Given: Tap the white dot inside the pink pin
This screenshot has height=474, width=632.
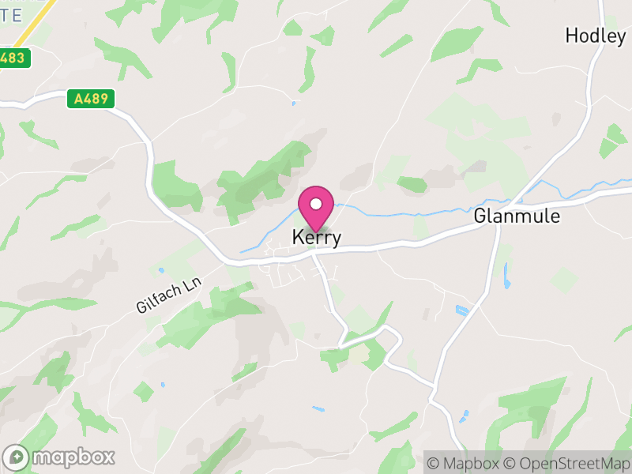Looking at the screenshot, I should pyautogui.click(x=316, y=205).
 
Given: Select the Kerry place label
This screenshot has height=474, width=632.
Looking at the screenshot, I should pyautogui.click(x=316, y=237).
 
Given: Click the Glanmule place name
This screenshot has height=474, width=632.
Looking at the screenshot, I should pyautogui.click(x=517, y=216).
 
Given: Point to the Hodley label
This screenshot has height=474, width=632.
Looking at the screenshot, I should pyautogui.click(x=595, y=36).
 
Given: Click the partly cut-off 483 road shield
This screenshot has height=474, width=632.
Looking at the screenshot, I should pyautogui.click(x=14, y=58).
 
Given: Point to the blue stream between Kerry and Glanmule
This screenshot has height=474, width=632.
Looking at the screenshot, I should pyautogui.click(x=411, y=211).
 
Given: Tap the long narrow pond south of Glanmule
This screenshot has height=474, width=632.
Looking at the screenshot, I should pyautogui.click(x=506, y=276).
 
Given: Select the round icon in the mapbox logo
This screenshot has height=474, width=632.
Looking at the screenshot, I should pyautogui.click(x=17, y=457).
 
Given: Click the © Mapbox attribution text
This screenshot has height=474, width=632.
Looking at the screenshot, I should pyautogui.click(x=465, y=462).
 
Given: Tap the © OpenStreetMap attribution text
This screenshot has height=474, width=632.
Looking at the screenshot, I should pyautogui.click(x=566, y=462).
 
